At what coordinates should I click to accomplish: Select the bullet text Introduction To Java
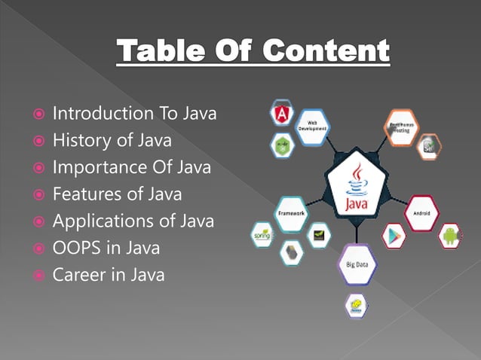134,114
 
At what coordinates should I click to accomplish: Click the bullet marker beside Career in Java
36,276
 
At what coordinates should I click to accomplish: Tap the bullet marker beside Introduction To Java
36,114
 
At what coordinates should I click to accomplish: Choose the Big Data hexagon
357,264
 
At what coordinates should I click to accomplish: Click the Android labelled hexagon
422,213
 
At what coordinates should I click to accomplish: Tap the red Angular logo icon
283,114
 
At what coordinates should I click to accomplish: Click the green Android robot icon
450,235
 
